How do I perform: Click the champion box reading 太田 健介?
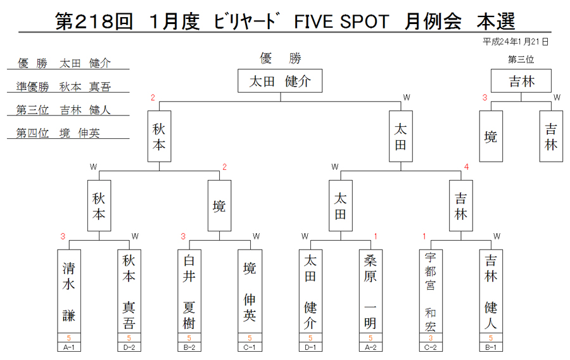[280, 80]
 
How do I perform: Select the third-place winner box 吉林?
[521, 80]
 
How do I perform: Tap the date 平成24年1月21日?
[515, 42]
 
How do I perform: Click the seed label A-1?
[68, 347]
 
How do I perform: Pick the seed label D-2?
[129, 347]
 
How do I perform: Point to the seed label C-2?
[431, 347]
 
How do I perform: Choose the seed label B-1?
[491, 347]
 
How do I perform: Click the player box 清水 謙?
[68, 291]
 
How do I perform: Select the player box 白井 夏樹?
[189, 291]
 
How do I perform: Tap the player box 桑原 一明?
[370, 291]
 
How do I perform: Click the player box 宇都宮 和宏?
[431, 291]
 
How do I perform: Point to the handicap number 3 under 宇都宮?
[431, 338]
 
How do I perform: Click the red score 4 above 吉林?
[466, 167]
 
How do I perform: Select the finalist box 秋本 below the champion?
[159, 136]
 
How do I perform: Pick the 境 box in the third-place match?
[491, 136]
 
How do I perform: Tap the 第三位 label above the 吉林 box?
[521, 60]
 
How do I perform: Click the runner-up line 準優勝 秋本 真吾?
[63, 87]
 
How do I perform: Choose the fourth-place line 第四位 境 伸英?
[58, 133]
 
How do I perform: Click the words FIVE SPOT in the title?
[341, 22]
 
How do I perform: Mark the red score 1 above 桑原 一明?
[376, 236]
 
